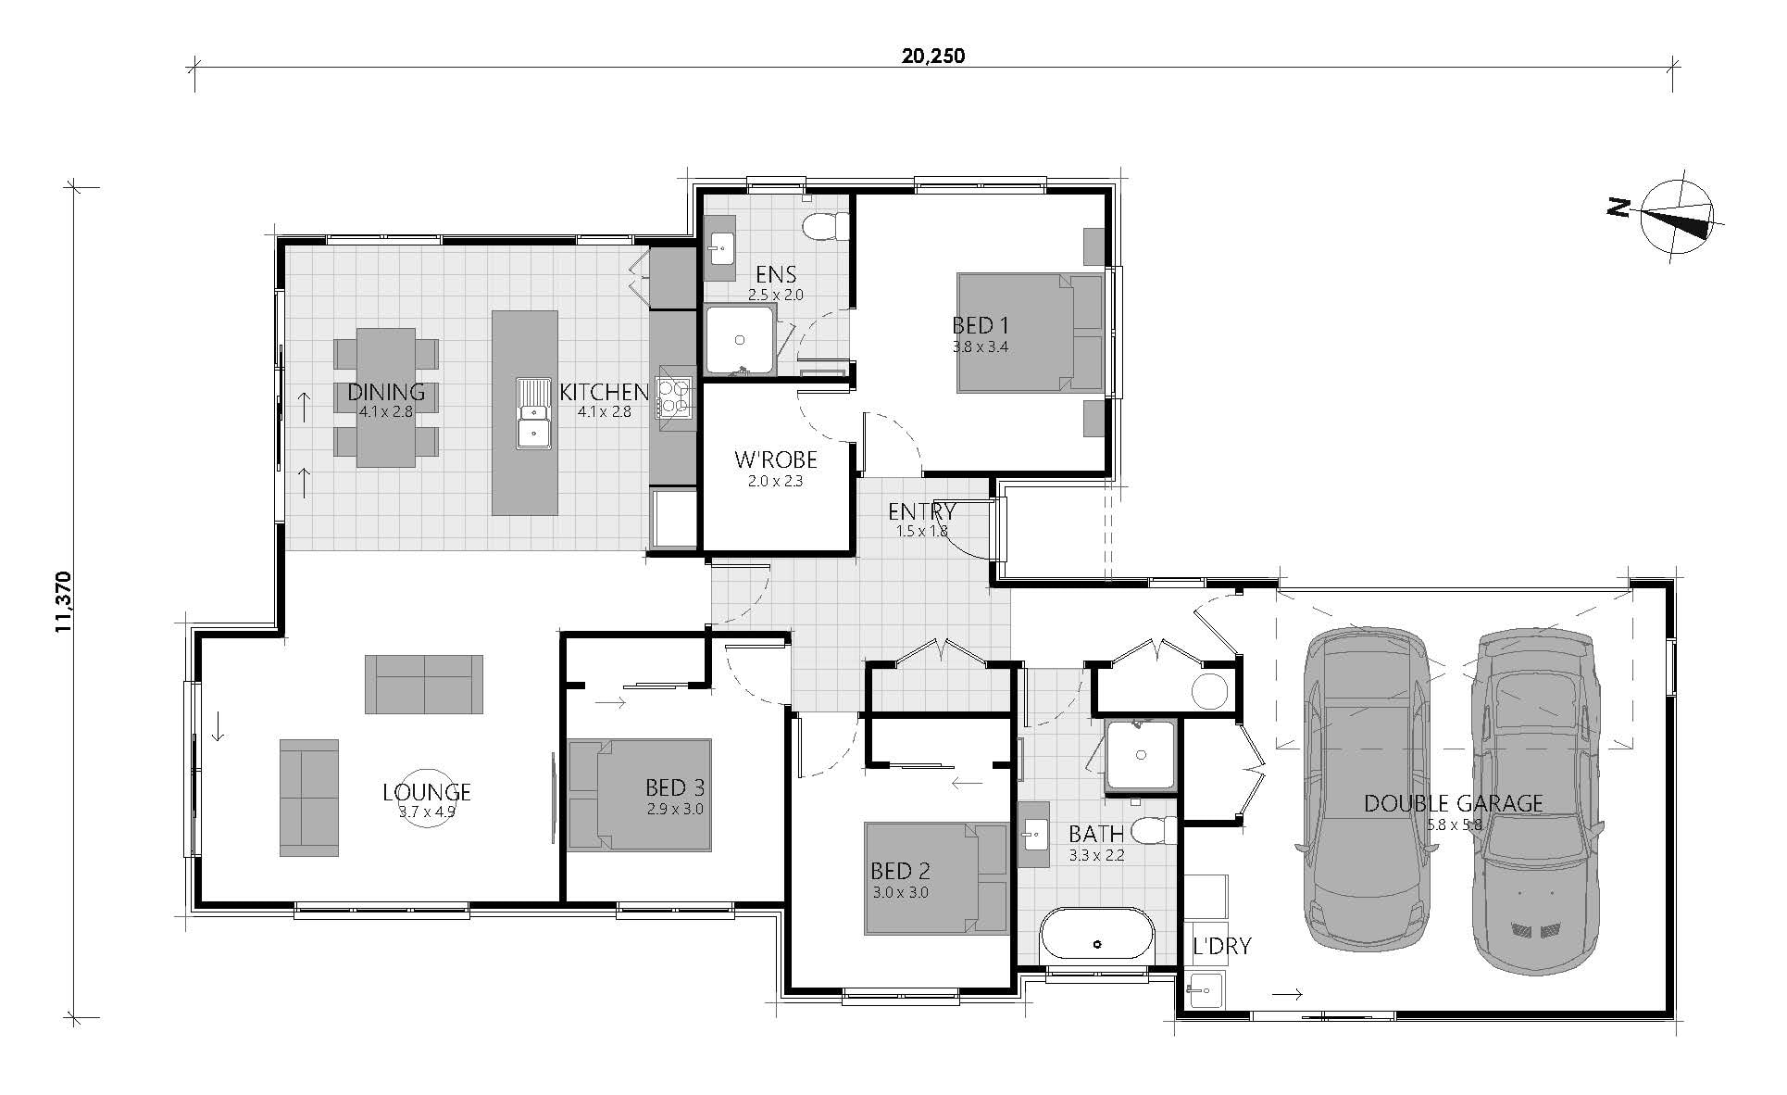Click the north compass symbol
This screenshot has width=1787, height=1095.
(x=1677, y=217)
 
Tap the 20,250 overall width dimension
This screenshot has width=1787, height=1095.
(x=933, y=57)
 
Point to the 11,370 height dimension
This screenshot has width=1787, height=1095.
(x=63, y=600)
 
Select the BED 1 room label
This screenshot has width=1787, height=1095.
(x=980, y=325)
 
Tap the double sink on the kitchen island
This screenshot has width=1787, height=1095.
(x=533, y=413)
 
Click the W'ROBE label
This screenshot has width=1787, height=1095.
(x=775, y=459)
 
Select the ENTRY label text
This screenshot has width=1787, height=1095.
(x=921, y=511)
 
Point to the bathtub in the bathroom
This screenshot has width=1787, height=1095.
(x=1097, y=944)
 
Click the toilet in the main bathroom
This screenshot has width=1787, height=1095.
(x=1156, y=830)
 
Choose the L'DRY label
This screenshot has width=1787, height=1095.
(x=1221, y=946)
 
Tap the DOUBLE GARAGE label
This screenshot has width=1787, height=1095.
(x=1453, y=803)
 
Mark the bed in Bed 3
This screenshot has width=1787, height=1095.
(x=640, y=795)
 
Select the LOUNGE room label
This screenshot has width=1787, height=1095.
(x=427, y=792)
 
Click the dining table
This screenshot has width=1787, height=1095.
(x=385, y=397)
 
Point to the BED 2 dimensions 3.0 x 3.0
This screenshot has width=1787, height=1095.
(x=900, y=893)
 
